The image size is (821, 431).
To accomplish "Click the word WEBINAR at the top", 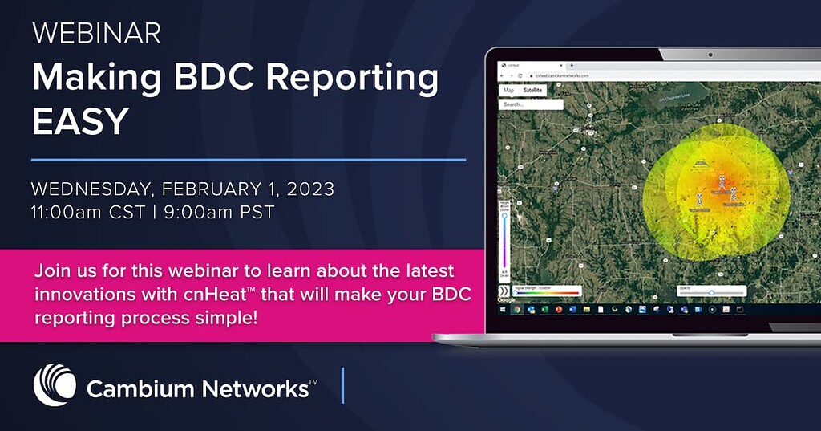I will [96, 33].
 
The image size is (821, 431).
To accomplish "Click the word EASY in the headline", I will [80, 121].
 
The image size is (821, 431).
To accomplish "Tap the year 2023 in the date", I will [307, 190].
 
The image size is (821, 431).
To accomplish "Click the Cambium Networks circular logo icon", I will [55, 385].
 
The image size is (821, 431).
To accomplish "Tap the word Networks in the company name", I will [254, 390].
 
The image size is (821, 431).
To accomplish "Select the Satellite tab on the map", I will [532, 91].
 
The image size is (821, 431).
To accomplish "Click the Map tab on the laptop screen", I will [508, 91].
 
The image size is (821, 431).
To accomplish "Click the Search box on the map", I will [530, 104].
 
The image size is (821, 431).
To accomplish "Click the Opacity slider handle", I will [711, 293].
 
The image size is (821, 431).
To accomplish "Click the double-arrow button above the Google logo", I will [504, 290].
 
